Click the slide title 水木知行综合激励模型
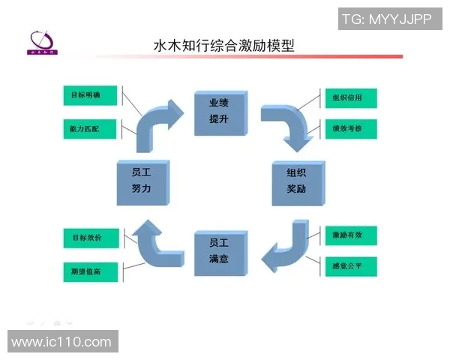click(x=223, y=46)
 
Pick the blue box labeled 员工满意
click(x=219, y=251)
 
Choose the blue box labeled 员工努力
click(x=144, y=181)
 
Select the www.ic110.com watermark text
click(x=61, y=341)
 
